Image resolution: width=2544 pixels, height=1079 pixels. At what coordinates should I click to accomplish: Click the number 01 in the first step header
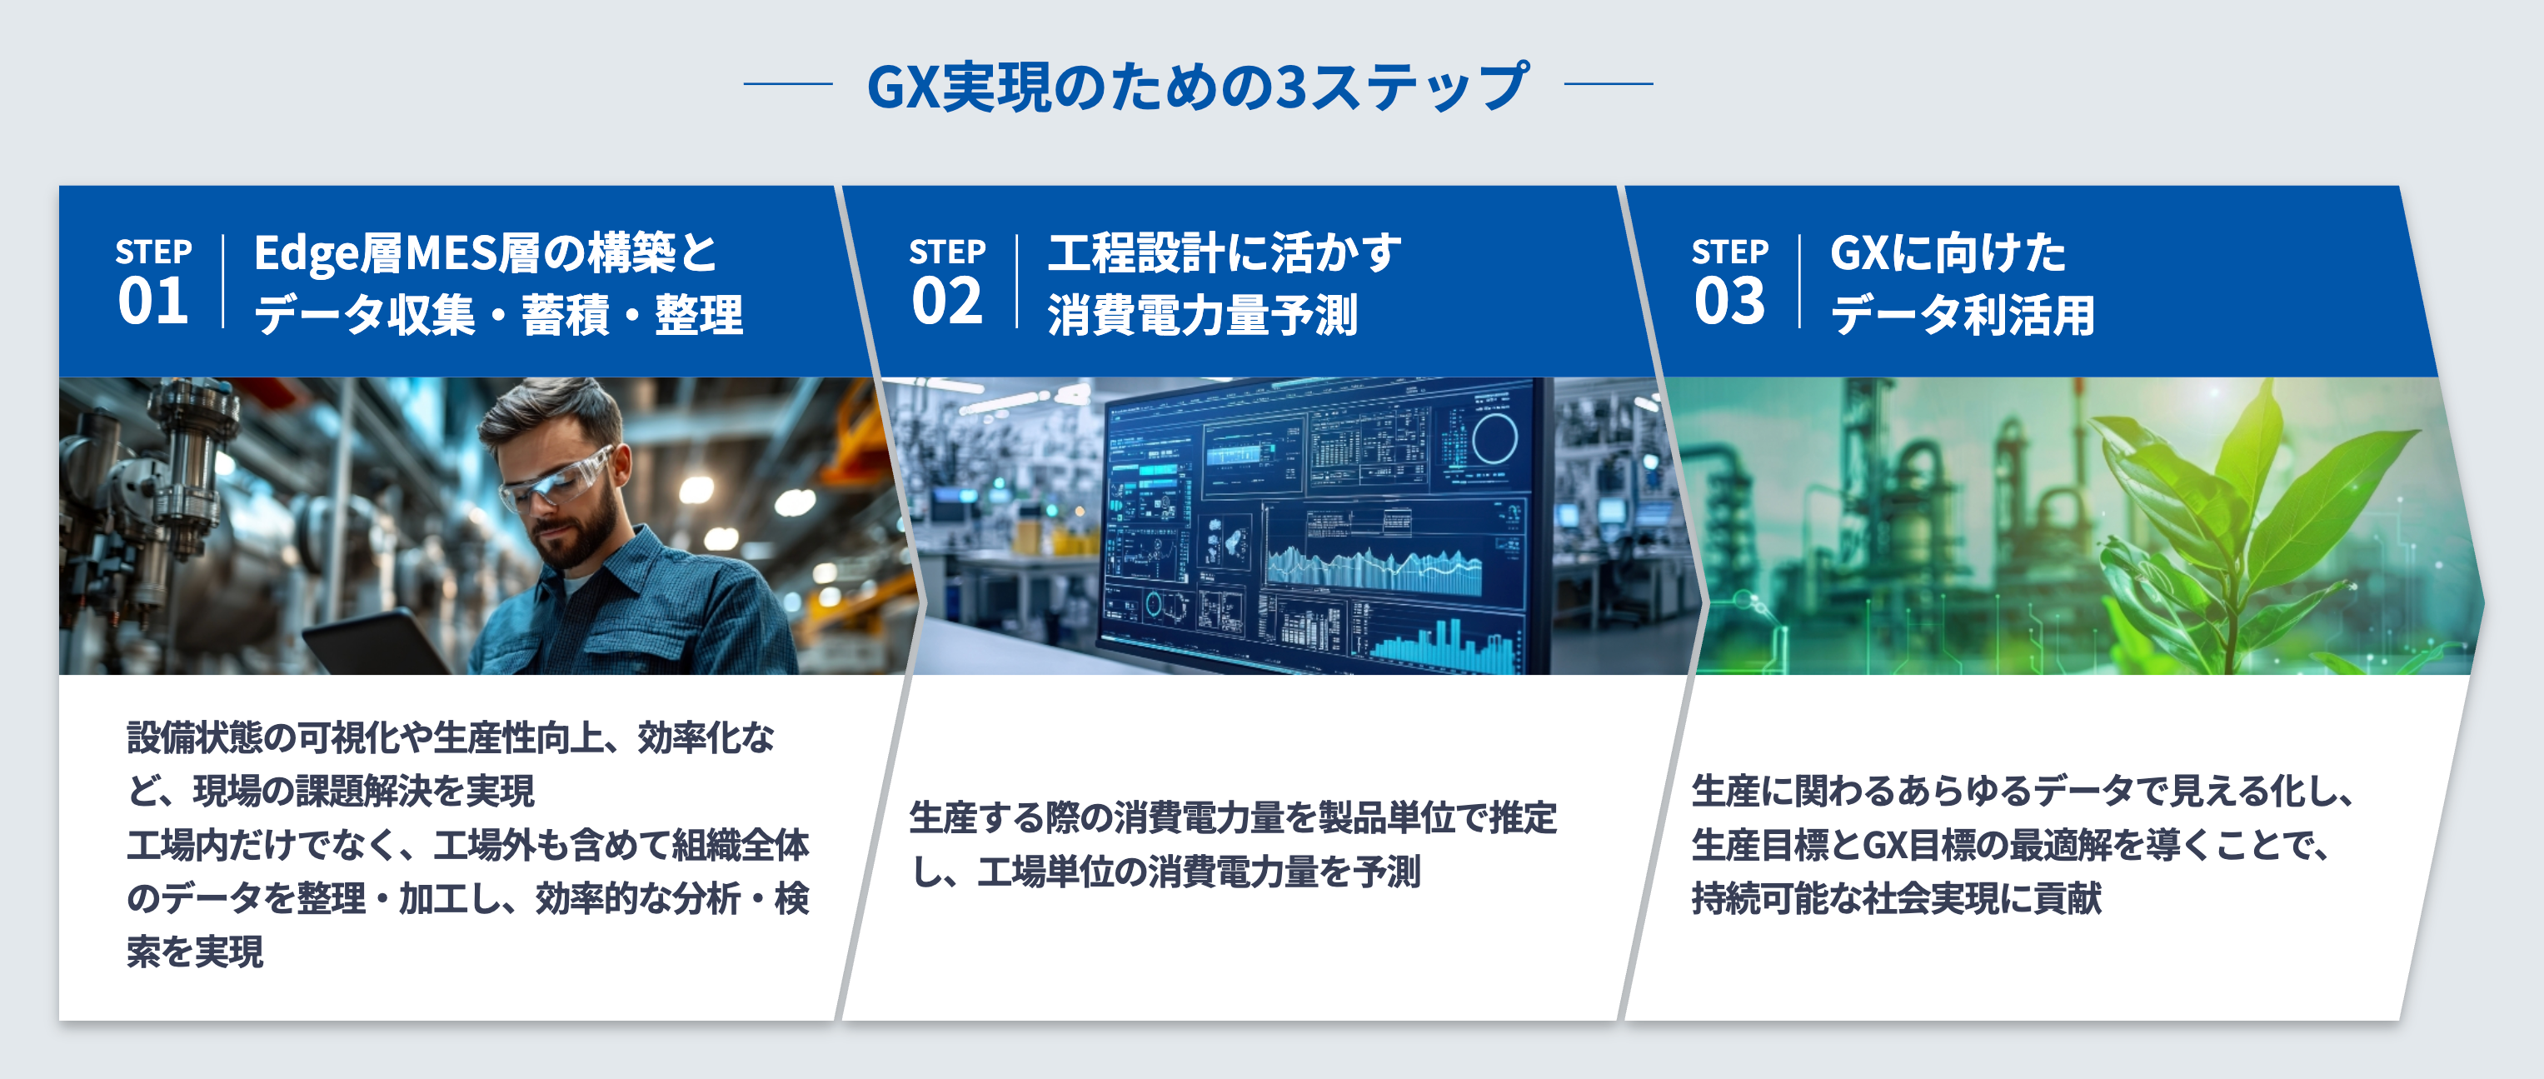click(x=153, y=302)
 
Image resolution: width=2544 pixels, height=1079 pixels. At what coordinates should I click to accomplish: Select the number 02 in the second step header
click(x=946, y=302)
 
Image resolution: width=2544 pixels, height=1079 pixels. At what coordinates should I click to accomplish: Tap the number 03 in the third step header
click(x=1729, y=302)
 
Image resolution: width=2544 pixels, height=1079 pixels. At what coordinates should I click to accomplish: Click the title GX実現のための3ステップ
click(x=1198, y=87)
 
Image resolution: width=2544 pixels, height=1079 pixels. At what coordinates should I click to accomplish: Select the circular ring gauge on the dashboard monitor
click(x=1494, y=439)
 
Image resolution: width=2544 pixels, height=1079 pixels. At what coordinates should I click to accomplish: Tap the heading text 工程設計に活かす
click(x=1225, y=253)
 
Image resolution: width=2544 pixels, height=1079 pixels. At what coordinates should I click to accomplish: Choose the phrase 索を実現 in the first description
click(x=196, y=952)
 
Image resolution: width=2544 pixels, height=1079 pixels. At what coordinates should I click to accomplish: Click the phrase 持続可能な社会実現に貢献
click(x=1896, y=899)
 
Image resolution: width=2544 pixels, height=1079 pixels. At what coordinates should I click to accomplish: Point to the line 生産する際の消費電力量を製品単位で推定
click(x=1233, y=818)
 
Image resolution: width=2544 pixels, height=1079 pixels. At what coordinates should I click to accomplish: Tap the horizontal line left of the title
click(x=788, y=85)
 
